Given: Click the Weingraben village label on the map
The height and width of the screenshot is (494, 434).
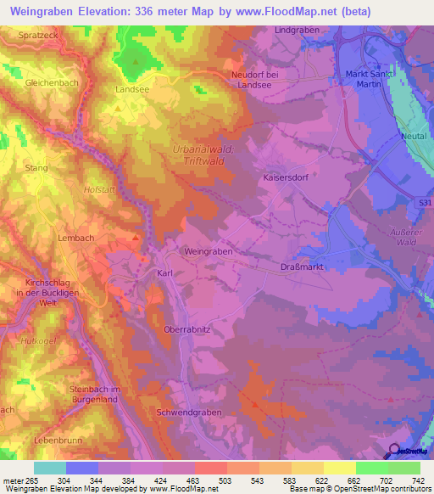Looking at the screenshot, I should pyautogui.click(x=208, y=252).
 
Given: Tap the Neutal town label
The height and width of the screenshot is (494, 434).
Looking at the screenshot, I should pyautogui.click(x=415, y=136).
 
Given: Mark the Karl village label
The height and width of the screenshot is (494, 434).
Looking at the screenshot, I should pyautogui.click(x=165, y=273).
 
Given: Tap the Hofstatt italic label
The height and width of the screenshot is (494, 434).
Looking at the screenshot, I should pyautogui.click(x=101, y=190).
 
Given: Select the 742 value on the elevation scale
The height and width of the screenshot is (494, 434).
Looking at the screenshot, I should pyautogui.click(x=417, y=481).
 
